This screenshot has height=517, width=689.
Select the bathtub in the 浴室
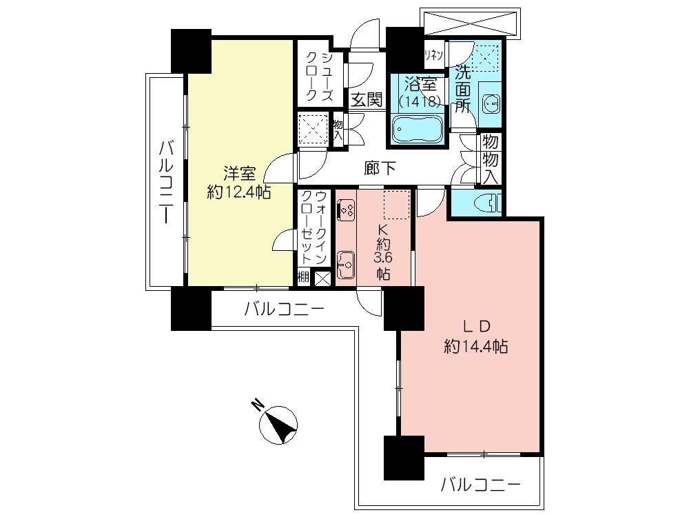point(418,129)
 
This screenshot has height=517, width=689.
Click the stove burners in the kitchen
point(346,207)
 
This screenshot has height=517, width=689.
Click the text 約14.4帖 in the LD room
point(476,347)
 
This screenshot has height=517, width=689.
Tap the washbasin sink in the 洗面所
point(491,104)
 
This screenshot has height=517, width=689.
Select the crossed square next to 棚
point(322,278)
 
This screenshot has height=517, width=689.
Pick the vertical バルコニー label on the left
point(166,181)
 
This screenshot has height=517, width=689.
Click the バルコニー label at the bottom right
point(481,485)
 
